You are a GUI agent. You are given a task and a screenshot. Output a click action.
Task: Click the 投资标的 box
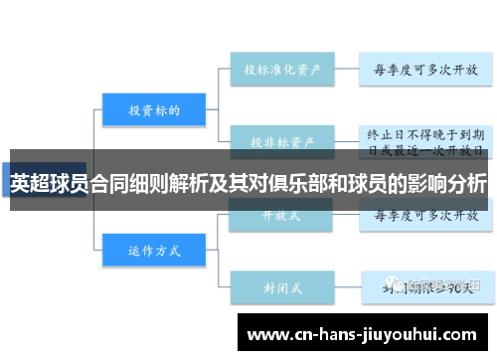154,109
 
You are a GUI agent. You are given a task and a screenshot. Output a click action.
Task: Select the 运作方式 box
154,251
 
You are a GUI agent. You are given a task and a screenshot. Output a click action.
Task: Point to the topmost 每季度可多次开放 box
425,71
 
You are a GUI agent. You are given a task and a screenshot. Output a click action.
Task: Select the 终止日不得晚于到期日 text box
425,140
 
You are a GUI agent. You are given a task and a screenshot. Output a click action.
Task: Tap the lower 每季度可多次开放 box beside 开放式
425,215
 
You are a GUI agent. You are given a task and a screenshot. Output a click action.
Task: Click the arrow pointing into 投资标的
94,109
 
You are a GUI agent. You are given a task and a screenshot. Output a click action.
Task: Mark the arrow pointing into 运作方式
94,251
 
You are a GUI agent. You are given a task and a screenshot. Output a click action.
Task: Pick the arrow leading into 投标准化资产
224,71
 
